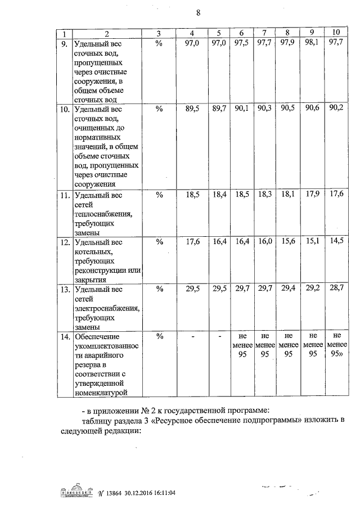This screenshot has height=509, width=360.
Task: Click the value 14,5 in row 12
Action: (x=336, y=242)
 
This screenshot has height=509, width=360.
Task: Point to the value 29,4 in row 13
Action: (x=287, y=289)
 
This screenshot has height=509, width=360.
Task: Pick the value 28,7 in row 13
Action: (x=336, y=289)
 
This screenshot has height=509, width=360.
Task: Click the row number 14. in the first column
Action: (x=65, y=337)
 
